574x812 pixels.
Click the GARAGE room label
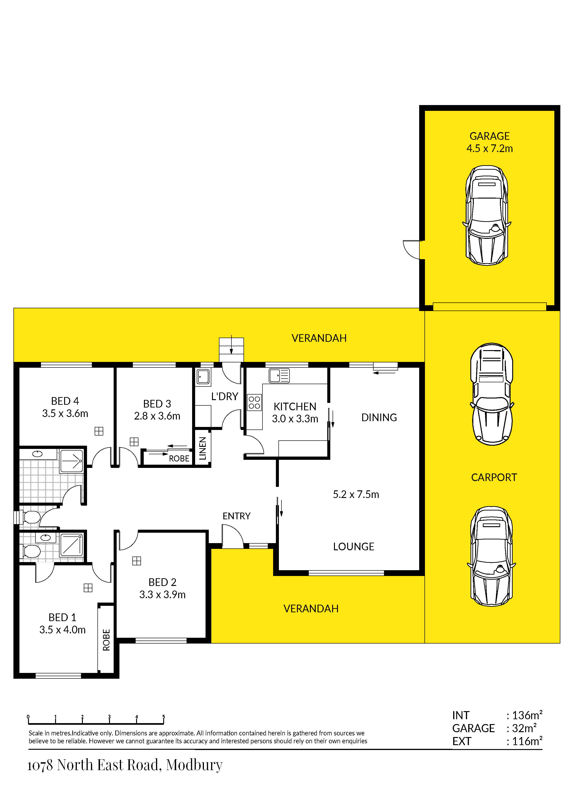tap(490, 136)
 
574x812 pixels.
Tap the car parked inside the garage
tap(487, 215)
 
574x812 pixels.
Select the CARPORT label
tap(494, 477)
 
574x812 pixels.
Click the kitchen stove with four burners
tap(254, 402)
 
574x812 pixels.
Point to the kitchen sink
tap(279, 376)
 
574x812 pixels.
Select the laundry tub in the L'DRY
tap(203, 377)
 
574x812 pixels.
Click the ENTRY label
tap(237, 516)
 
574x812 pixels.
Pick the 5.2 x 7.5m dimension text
tap(356, 495)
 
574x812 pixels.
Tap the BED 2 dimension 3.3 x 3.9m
tap(162, 594)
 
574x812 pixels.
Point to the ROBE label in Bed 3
tap(179, 459)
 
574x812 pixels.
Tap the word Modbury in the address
tap(194, 765)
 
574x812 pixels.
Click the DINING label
tap(379, 418)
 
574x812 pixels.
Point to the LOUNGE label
tap(354, 547)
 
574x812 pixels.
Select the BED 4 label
tap(65, 401)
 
